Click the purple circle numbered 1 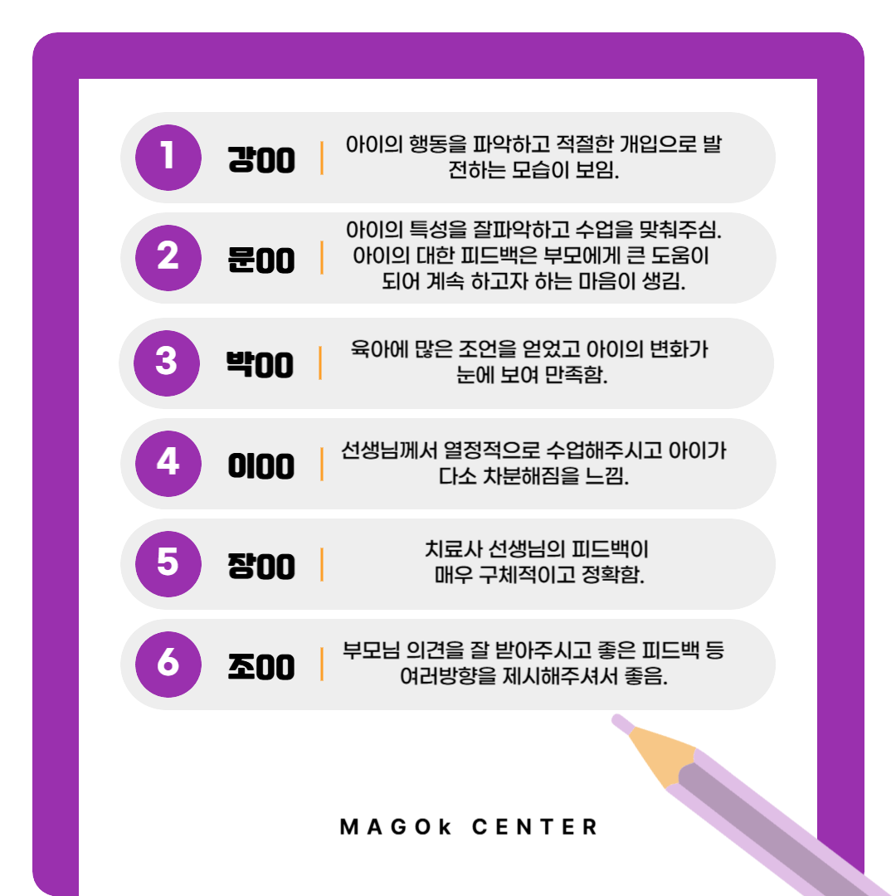[x=168, y=157]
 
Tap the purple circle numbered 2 [x=168, y=258]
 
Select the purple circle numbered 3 [x=166, y=363]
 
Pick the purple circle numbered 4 [x=168, y=464]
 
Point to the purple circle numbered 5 [x=168, y=564]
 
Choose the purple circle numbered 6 [x=168, y=665]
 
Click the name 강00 [x=261, y=159]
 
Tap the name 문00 [x=261, y=260]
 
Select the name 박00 [x=260, y=364]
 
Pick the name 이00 [x=261, y=465]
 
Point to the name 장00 [x=261, y=567]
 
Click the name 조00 [x=261, y=667]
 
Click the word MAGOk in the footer [x=396, y=827]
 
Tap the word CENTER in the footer [x=535, y=827]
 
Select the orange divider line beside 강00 [x=322, y=158]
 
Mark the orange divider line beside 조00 [x=322, y=664]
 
